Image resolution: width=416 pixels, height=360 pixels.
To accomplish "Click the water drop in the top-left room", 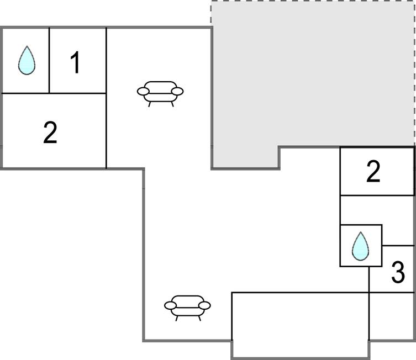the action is (x=27, y=60).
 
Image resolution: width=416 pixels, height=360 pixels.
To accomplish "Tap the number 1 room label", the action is (x=75, y=62).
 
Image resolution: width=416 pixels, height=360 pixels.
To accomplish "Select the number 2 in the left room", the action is (x=50, y=133).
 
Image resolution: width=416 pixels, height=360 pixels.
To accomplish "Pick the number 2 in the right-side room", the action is (x=373, y=172).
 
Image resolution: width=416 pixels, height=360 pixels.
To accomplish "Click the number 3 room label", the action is (x=398, y=272).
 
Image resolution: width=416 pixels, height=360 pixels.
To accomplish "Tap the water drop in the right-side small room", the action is (x=360, y=246).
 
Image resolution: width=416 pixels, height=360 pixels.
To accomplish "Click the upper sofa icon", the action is (x=160, y=94).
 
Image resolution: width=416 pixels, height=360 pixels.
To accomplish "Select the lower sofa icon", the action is (x=187, y=308).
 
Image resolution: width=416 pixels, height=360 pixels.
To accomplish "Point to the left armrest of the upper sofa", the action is (x=143, y=91).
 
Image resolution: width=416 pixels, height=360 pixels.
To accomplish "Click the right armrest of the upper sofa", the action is (x=177, y=91).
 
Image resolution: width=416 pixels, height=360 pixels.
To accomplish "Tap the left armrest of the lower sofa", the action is (x=170, y=305).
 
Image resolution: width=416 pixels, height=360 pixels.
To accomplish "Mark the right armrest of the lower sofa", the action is (x=204, y=305).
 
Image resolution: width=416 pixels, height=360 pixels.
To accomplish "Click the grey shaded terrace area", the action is (x=313, y=74).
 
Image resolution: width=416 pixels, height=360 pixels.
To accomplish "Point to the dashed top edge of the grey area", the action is (x=313, y=1).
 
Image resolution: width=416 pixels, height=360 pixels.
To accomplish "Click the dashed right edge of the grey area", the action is (x=414, y=73).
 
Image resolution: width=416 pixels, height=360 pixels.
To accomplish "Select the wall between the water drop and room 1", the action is (x=49, y=60).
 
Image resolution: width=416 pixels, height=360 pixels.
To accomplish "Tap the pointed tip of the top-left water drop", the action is (x=27, y=46).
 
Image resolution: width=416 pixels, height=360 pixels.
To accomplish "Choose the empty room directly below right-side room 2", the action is (x=377, y=210).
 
